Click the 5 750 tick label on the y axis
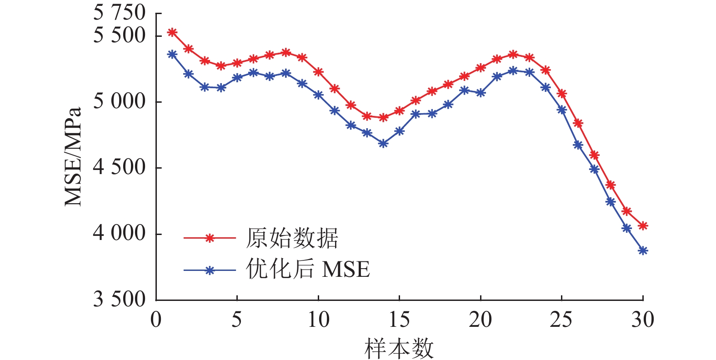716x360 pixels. [119, 13]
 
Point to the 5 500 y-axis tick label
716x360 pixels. [119, 35]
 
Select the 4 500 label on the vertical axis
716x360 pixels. [119, 167]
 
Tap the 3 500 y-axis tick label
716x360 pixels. [119, 299]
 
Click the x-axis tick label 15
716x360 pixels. [399, 320]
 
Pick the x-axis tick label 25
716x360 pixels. [561, 320]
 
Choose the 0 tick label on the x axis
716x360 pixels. [156, 320]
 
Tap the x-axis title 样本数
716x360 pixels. [399, 349]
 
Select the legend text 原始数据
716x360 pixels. [292, 238]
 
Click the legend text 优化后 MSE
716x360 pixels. [308, 270]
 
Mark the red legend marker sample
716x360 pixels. [210, 238]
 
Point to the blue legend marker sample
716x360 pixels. [210, 270]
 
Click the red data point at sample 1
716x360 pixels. [172, 32]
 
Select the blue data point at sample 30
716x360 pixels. [643, 250]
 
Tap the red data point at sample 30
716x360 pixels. [643, 225]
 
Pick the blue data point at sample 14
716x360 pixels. [383, 144]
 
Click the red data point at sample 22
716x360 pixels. [513, 55]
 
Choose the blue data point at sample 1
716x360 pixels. [172, 54]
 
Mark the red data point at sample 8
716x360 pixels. [286, 53]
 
